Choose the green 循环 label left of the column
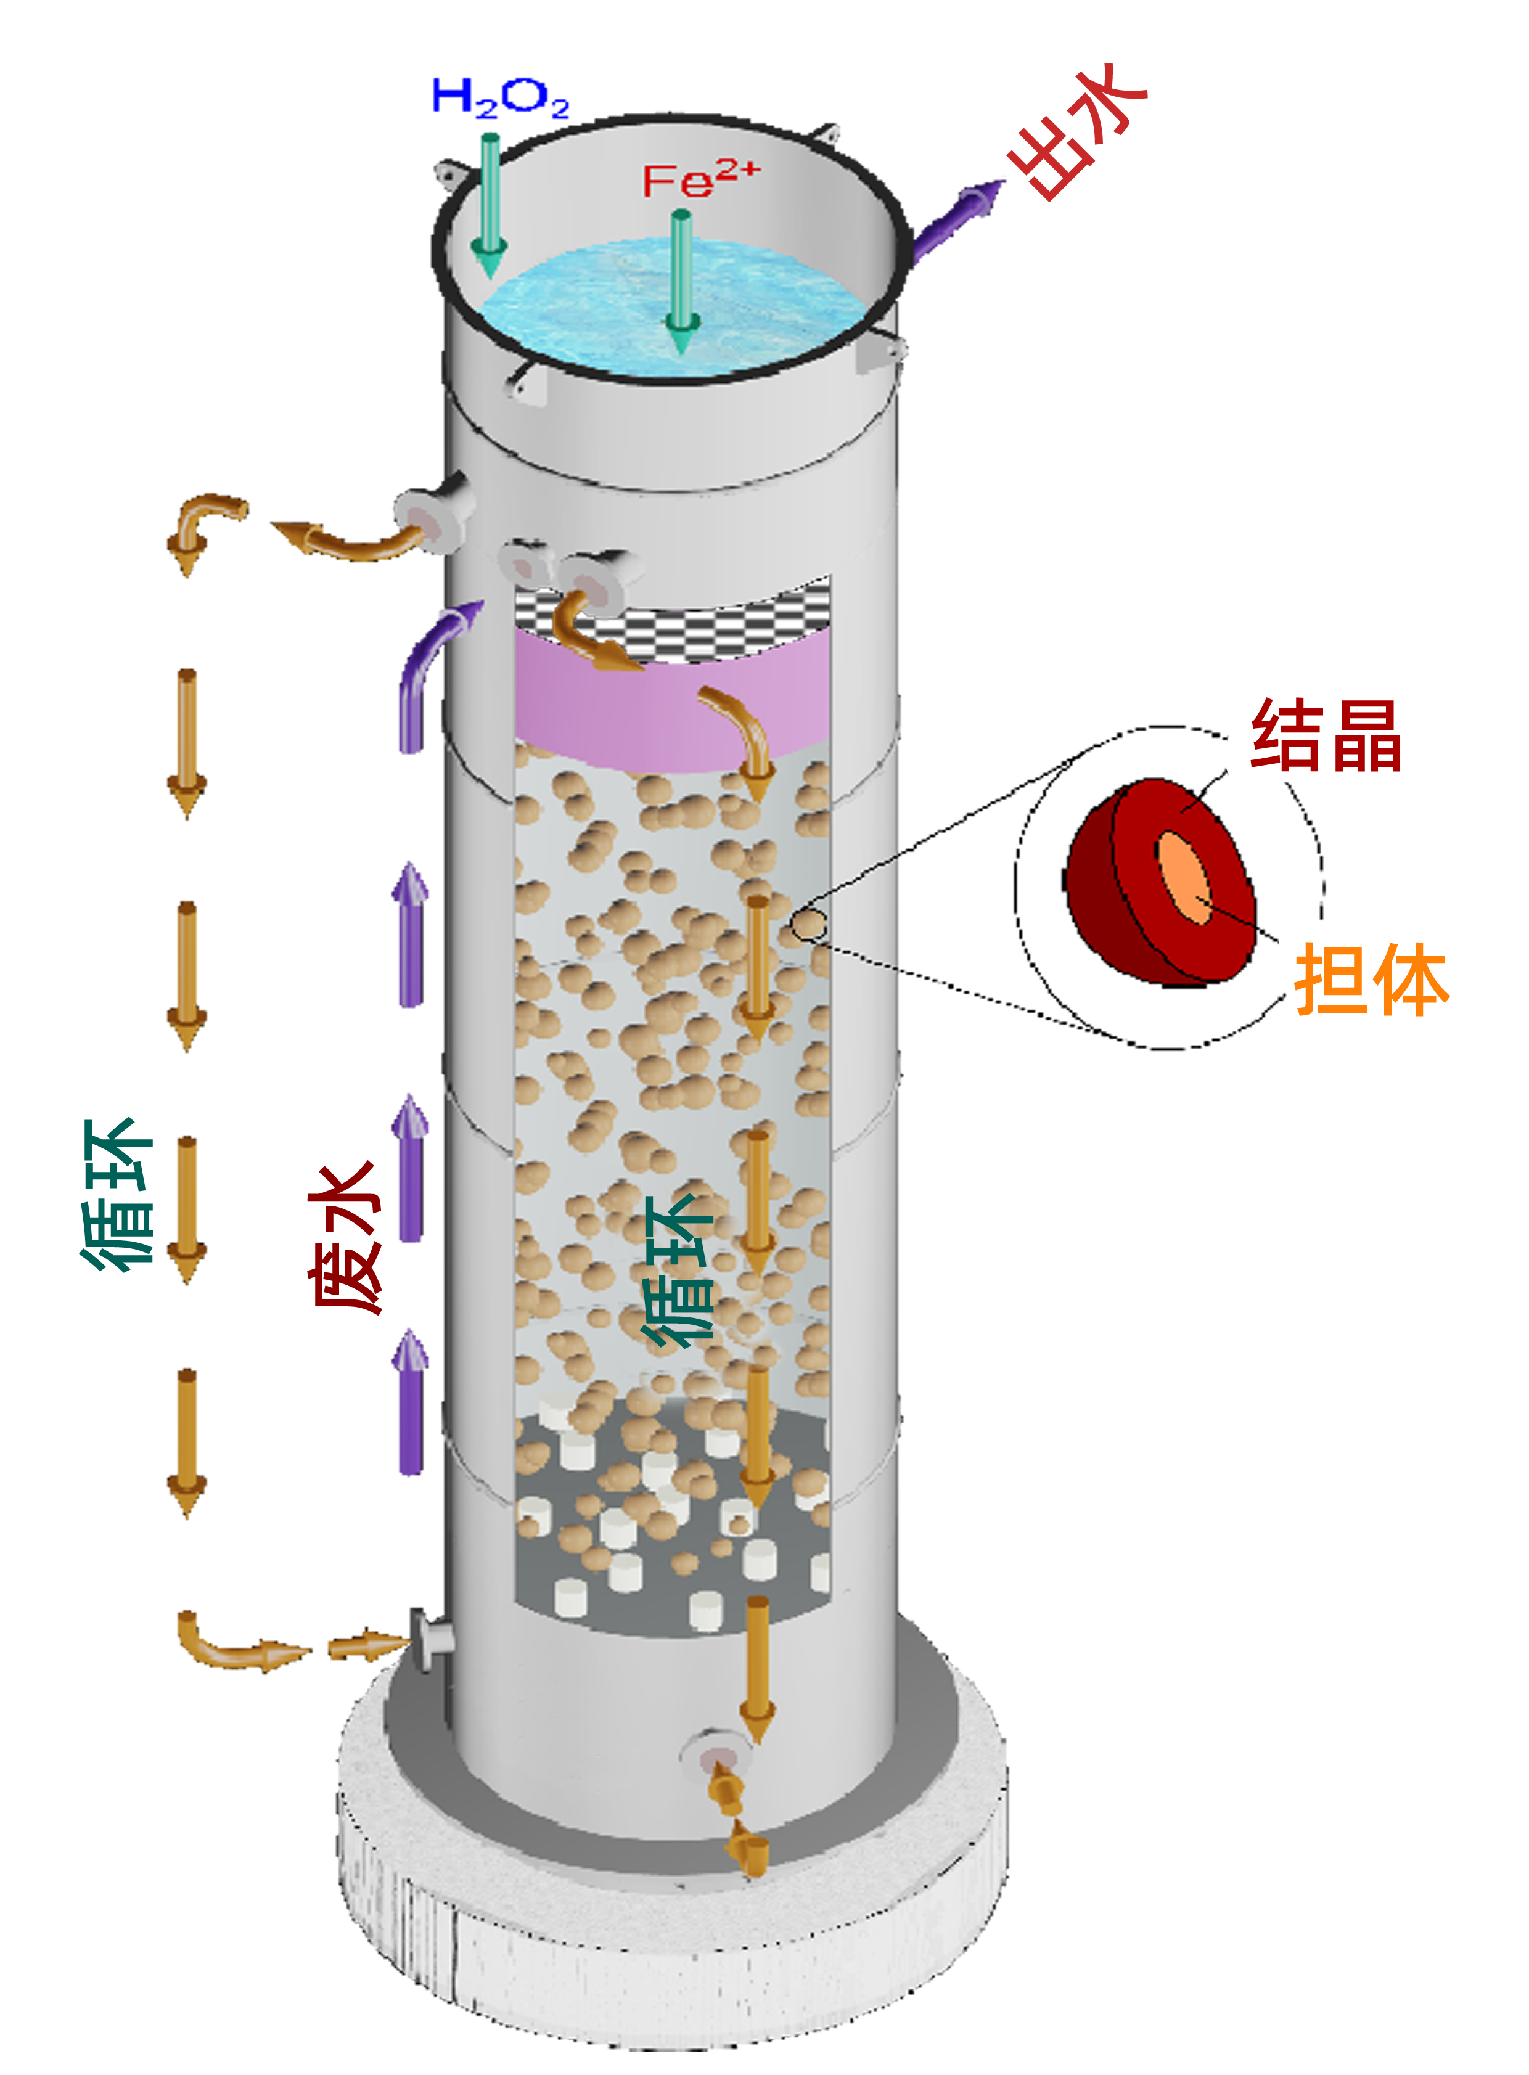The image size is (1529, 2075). (x=116, y=1195)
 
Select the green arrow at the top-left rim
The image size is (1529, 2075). (x=487, y=199)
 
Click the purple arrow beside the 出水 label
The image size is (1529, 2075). (x=958, y=222)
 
